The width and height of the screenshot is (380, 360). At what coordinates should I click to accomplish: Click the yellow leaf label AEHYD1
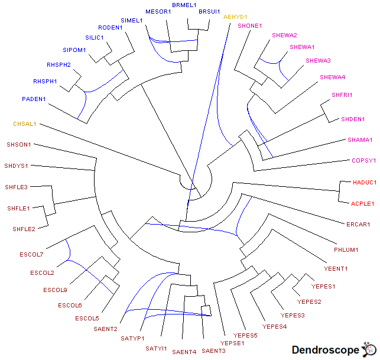coord(235,17)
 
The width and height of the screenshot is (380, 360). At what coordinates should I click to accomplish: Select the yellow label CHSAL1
coord(25,124)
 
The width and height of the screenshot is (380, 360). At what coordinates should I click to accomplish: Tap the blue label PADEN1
coord(34,99)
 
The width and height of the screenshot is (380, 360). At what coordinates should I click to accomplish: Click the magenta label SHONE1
coord(249,25)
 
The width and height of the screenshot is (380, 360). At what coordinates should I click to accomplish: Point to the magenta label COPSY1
coord(364,160)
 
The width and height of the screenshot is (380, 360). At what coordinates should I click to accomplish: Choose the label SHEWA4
coord(333,77)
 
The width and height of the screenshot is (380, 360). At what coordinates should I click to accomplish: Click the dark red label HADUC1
coord(364,183)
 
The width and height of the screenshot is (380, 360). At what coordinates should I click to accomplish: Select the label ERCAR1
coord(358,224)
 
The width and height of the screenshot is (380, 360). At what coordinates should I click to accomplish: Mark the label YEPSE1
coord(232,343)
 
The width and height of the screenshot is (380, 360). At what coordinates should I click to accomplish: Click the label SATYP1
coord(133,339)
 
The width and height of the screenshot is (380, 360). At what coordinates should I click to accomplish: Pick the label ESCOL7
coord(31,255)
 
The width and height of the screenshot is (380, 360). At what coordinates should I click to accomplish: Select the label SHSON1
coord(19,144)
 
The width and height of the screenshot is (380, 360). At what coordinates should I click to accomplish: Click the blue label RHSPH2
coord(59,64)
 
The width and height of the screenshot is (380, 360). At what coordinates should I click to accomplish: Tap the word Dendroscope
coord(325,351)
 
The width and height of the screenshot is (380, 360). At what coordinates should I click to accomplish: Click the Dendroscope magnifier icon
coord(369,349)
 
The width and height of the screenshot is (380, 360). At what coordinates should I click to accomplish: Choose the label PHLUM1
coord(346,250)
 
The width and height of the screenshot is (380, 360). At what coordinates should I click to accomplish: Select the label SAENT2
coord(105,329)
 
